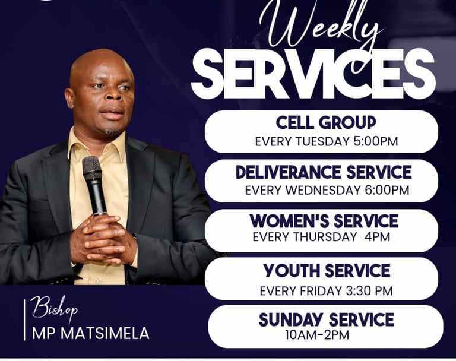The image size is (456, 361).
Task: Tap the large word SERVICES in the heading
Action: click(x=313, y=74)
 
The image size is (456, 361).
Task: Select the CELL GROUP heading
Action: click(x=326, y=122)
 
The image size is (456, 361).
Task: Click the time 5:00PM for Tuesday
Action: click(x=376, y=141)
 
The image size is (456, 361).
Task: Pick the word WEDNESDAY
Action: click(x=323, y=190)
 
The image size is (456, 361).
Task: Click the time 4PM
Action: click(x=377, y=237)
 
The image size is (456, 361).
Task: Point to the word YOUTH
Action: click(x=292, y=271)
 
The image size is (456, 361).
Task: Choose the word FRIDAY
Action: click(x=321, y=291)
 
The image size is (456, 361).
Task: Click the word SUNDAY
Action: click(x=291, y=319)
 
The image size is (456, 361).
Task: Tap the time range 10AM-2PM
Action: click(x=317, y=335)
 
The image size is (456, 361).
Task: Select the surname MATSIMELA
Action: click(x=105, y=333)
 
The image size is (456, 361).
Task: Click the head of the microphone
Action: click(x=92, y=168)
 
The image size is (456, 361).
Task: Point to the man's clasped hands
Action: click(x=103, y=239)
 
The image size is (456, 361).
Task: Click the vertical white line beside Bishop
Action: click(x=24, y=319)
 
